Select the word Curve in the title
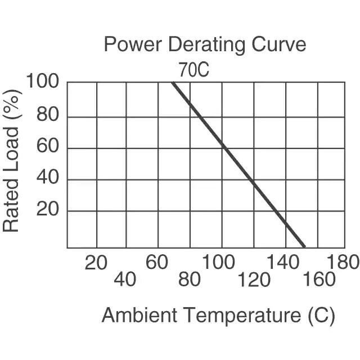[x=280, y=44]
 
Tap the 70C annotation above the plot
[x=194, y=70]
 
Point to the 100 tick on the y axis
[x=42, y=82]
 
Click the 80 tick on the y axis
[x=48, y=117]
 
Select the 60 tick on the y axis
[x=48, y=148]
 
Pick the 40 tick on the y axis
[x=48, y=180]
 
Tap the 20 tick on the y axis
[x=48, y=211]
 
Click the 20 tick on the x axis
[x=96, y=262]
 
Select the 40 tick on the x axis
[x=125, y=280]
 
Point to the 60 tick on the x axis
[x=157, y=262]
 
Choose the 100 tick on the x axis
[x=219, y=262]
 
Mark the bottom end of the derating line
[x=304, y=246]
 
